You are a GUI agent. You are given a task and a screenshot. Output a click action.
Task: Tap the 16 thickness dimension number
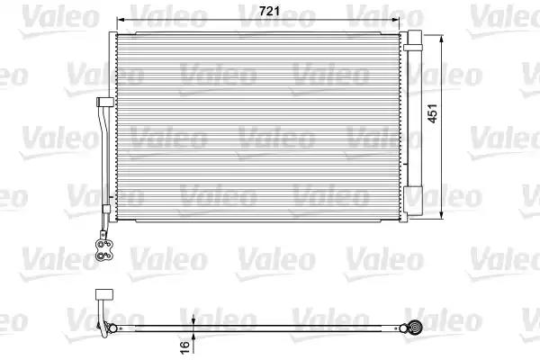tap(184, 346)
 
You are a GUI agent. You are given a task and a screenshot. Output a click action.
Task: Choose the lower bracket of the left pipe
tap(105, 210)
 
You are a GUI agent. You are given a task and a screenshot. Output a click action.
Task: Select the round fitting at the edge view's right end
tap(417, 328)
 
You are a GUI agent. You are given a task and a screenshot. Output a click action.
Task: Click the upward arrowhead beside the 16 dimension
tap(194, 335)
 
